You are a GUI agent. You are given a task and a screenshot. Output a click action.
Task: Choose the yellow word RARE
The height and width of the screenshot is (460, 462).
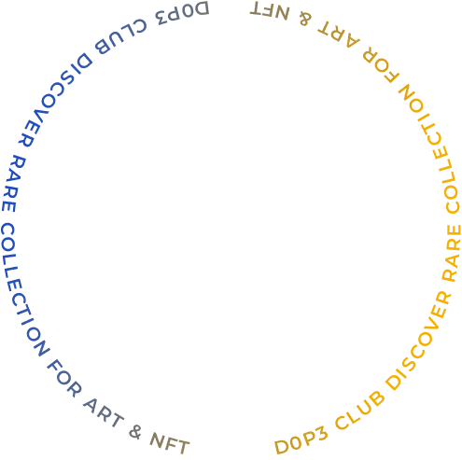[x=452, y=253]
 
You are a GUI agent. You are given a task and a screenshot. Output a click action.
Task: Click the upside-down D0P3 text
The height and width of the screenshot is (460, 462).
[x=183, y=13]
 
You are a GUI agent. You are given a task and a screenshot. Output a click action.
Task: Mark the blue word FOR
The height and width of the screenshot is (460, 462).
[x=64, y=378]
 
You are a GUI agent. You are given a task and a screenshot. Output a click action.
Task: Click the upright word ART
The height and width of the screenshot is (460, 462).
[x=104, y=412]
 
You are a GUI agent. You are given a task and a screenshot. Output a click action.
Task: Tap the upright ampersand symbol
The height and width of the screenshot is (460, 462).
[x=135, y=432]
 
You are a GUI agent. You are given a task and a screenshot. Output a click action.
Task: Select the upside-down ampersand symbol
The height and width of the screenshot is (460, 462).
[x=305, y=18]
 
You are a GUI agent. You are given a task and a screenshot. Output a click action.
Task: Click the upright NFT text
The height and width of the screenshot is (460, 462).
[x=170, y=444]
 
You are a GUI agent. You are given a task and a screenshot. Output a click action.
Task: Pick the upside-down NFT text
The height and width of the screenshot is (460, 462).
[x=270, y=11]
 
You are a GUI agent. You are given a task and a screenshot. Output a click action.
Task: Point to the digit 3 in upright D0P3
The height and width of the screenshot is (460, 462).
[x=321, y=434]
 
